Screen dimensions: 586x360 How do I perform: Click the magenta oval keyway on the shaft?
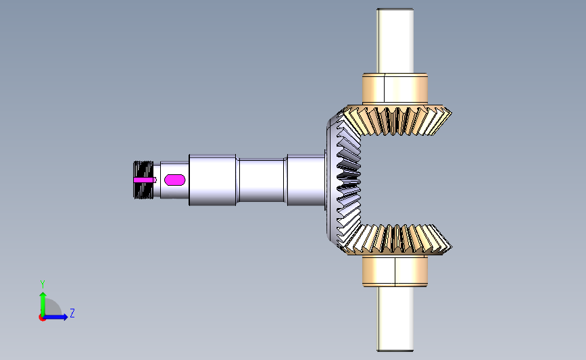click(175, 180)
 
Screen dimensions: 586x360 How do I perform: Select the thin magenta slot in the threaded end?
click(145, 180)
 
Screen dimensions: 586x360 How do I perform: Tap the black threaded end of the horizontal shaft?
click(143, 180)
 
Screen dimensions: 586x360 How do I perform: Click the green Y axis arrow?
click(43, 305)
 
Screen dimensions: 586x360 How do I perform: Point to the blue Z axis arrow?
click(55, 317)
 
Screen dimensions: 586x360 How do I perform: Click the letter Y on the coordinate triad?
click(43, 284)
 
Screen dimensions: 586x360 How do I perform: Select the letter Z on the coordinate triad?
click(72, 313)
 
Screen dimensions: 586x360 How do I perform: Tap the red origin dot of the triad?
click(42, 317)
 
